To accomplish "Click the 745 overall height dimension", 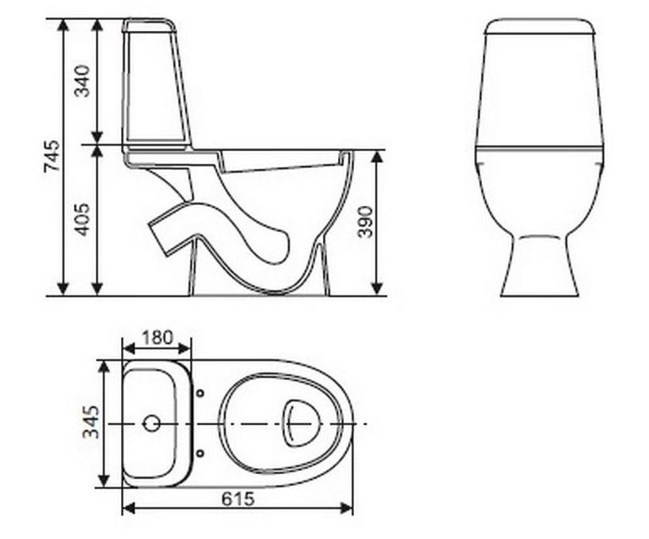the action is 51,156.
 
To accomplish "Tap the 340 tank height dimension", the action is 82,81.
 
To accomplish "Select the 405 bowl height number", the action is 83,219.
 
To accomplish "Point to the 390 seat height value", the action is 365,222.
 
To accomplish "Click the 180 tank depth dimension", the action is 158,337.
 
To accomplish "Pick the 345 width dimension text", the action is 91,423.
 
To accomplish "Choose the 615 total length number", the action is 237,499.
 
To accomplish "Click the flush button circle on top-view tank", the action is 151,423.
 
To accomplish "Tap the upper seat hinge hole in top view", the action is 200,393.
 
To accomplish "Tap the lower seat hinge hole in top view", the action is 200,454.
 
